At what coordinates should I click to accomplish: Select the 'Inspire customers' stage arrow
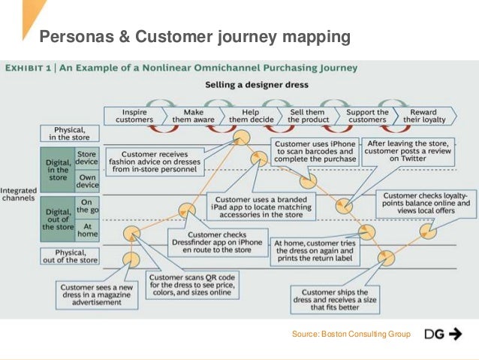pyautogui.click(x=134, y=116)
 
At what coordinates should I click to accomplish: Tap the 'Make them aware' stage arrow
pyautogui.click(x=194, y=116)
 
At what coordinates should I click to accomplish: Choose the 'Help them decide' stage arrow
pyautogui.click(x=250, y=116)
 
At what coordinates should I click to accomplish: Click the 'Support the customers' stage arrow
pyautogui.click(x=366, y=116)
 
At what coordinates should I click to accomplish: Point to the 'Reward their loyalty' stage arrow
pyautogui.click(x=423, y=116)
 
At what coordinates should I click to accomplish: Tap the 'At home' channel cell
pyautogui.click(x=86, y=228)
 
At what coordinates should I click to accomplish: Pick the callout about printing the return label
pyautogui.click(x=317, y=251)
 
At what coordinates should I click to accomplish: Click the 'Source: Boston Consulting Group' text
pyautogui.click(x=351, y=334)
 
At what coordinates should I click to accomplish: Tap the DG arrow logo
pyautogui.click(x=443, y=334)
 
